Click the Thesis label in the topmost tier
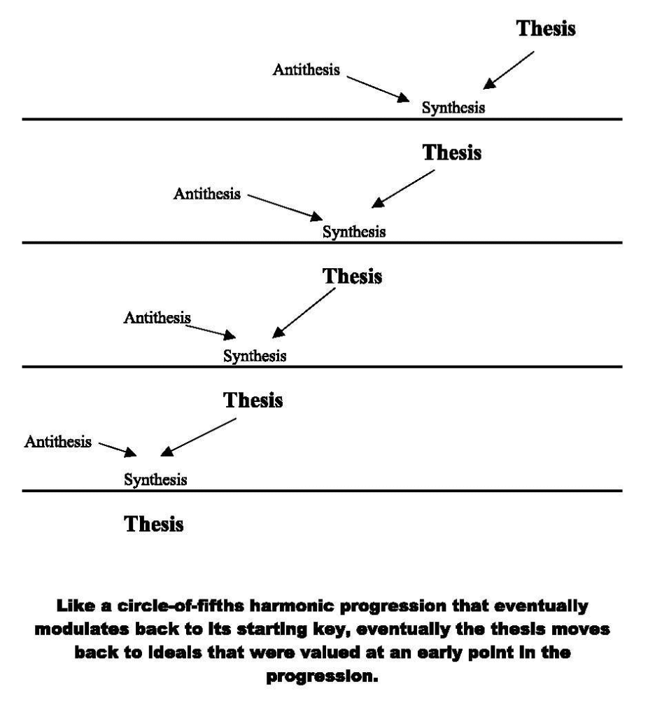point(546,29)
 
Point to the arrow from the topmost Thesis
point(509,70)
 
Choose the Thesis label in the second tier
point(451,153)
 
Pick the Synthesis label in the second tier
point(353,231)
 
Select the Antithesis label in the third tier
point(157,317)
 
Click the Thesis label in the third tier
point(352,276)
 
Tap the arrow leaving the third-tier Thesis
point(304,312)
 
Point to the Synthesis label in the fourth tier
point(155,480)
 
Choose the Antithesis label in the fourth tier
point(58,442)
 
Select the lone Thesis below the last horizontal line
point(154,524)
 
